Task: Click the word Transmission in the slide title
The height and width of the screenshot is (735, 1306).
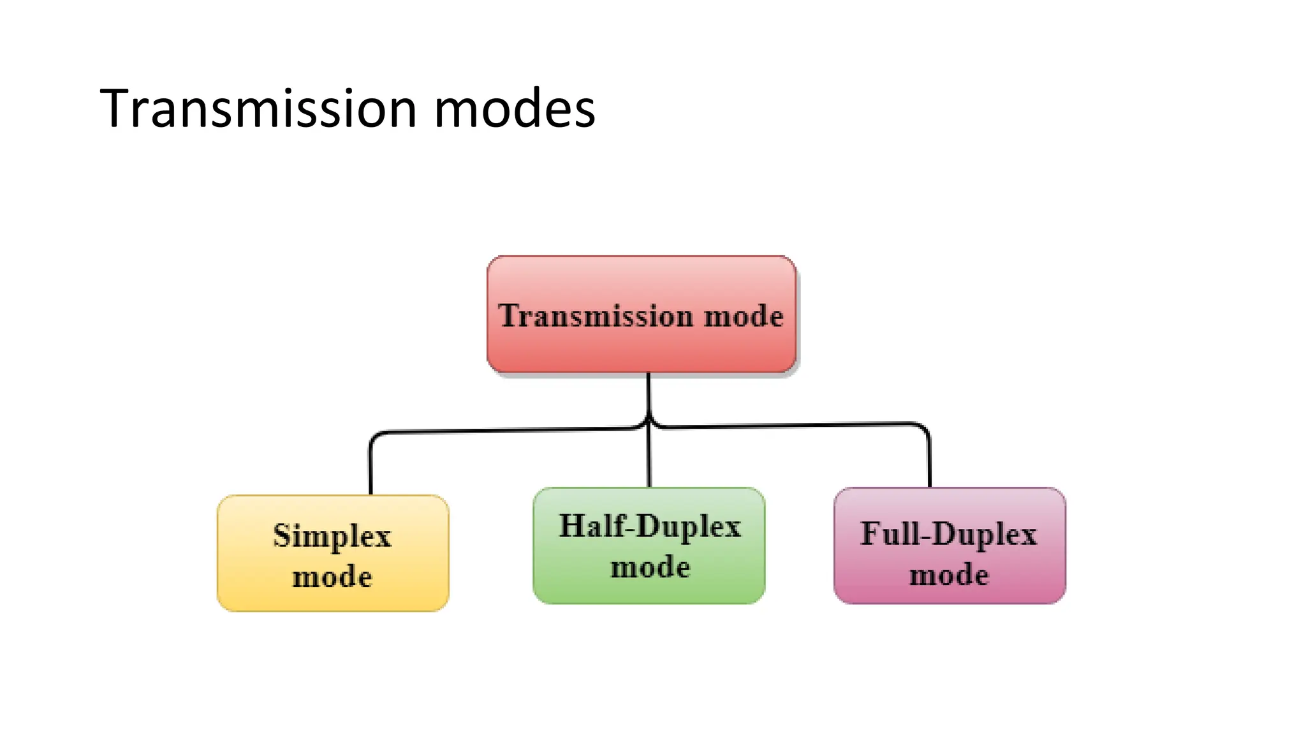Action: [258, 108]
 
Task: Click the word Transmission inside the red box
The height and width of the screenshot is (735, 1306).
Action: [595, 316]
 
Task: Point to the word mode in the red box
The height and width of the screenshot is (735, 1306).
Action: [744, 316]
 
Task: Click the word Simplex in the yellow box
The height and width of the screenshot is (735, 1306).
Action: [332, 535]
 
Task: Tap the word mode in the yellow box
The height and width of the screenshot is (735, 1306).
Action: [332, 577]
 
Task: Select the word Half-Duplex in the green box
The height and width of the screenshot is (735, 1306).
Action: [650, 526]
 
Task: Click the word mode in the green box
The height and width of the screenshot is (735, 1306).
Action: [650, 567]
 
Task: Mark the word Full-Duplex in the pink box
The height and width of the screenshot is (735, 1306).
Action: [949, 534]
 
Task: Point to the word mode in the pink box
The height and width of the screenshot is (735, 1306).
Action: [949, 575]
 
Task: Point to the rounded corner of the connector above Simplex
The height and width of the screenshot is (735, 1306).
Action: [375, 436]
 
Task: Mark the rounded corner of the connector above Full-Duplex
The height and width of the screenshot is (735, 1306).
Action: [924, 427]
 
